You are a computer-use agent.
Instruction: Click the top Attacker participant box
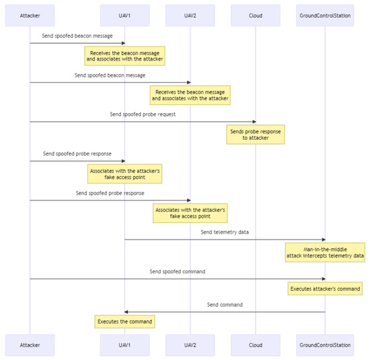(x=30, y=15)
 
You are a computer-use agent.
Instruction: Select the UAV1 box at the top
(x=124, y=15)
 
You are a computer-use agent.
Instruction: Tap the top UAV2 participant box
(x=190, y=15)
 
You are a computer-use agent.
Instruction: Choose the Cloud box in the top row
(x=255, y=15)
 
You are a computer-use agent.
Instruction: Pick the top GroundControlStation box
(x=325, y=15)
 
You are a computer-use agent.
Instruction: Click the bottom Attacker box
(x=30, y=345)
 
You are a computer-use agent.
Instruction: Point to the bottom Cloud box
(x=255, y=345)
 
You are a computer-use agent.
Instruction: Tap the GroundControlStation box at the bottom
(x=325, y=345)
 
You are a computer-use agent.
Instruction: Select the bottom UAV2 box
(x=190, y=345)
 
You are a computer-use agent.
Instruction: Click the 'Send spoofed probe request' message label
(x=143, y=114)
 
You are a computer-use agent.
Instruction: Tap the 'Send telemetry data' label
(x=225, y=232)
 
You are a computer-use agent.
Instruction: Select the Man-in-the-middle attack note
(x=325, y=252)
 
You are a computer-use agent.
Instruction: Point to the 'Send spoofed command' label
(x=177, y=271)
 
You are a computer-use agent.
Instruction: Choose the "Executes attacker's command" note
(x=325, y=289)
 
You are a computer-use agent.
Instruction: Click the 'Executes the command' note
(x=125, y=322)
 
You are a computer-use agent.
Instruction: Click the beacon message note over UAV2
(x=190, y=95)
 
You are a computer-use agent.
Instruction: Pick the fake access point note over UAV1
(x=125, y=174)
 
